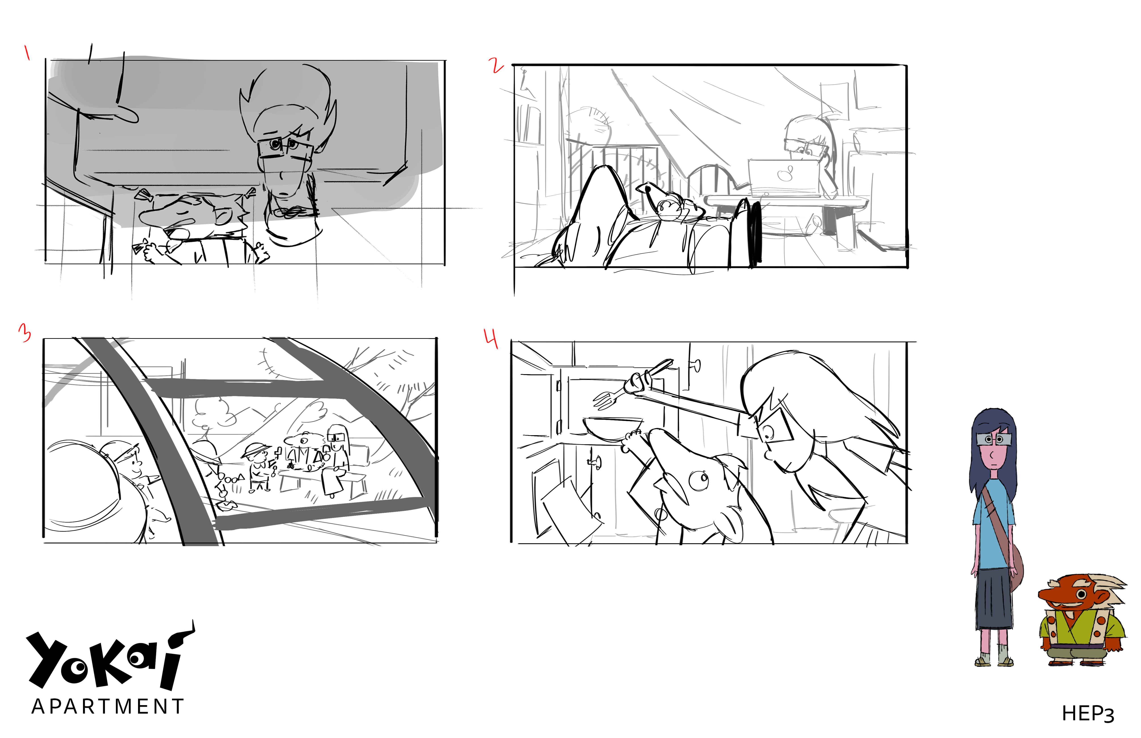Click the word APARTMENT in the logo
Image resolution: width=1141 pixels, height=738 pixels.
tap(108, 706)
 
